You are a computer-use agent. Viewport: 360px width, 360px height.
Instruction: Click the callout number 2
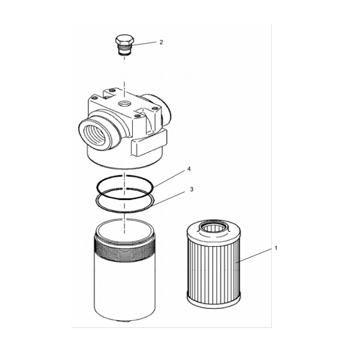[x=161, y=42]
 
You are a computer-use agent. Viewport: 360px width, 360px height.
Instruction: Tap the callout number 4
[x=189, y=169]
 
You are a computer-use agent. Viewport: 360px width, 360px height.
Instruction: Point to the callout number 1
[x=276, y=248]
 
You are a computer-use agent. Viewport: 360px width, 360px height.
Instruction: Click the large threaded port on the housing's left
[x=96, y=132]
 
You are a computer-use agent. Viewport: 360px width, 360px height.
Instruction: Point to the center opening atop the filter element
[x=213, y=229]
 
